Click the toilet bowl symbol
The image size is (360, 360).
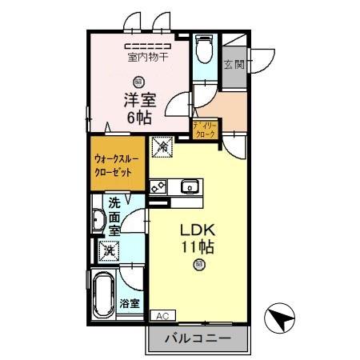click(x=204, y=49)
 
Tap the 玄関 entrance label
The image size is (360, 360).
click(x=234, y=64)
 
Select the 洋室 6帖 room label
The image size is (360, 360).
click(x=140, y=109)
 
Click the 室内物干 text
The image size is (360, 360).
click(x=148, y=57)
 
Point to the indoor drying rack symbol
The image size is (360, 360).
click(x=148, y=46)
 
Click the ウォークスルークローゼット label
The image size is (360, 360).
click(x=116, y=166)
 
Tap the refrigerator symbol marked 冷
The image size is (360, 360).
click(x=162, y=146)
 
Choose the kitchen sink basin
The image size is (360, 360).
click(x=190, y=186)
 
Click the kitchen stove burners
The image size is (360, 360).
click(x=158, y=186)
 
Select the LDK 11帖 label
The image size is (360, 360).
click(x=198, y=238)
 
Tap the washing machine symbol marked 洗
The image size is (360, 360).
click(x=109, y=250)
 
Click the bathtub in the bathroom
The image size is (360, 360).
click(x=104, y=296)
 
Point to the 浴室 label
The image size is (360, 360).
click(x=130, y=303)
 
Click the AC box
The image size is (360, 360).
click(x=162, y=316)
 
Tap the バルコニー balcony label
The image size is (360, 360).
click(x=198, y=338)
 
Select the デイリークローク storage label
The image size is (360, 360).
click(x=205, y=130)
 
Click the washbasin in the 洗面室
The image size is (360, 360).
click(x=99, y=220)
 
